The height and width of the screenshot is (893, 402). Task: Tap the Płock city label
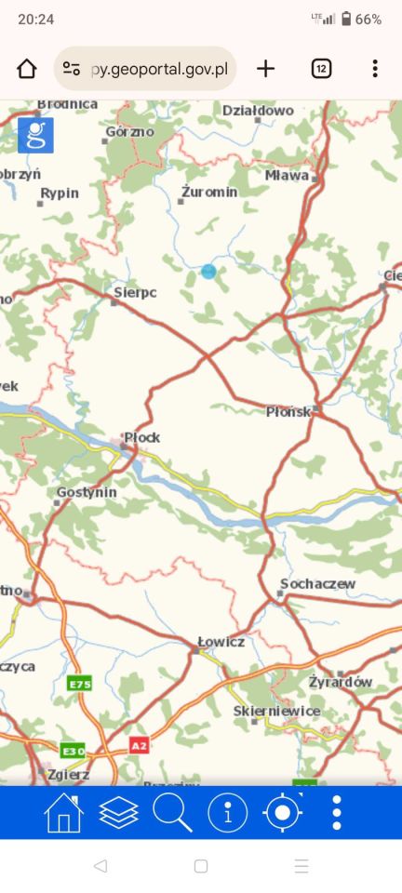tap(142, 436)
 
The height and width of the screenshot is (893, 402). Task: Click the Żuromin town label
tap(209, 191)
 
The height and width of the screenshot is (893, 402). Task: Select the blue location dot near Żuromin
tap(208, 272)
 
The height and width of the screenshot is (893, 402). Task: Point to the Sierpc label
tap(135, 292)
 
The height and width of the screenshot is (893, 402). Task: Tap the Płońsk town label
tap(288, 411)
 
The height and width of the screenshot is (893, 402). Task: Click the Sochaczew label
tap(317, 583)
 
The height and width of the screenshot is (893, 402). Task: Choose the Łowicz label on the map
tap(221, 642)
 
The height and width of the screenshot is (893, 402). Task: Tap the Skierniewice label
tap(276, 711)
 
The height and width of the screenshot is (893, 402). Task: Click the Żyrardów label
tap(341, 682)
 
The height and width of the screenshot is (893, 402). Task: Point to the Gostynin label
tap(87, 491)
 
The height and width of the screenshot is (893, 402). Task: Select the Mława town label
tap(287, 174)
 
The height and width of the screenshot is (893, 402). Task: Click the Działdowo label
tap(258, 111)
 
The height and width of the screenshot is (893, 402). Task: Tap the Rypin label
tap(60, 193)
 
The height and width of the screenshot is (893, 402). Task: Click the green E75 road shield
tap(80, 684)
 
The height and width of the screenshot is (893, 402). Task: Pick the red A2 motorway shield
tap(139, 745)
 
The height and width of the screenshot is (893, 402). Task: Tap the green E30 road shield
tap(73, 750)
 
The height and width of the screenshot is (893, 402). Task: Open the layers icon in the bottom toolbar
tap(118, 813)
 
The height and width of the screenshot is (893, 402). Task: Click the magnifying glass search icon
tap(172, 813)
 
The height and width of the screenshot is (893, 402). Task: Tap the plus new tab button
tap(266, 68)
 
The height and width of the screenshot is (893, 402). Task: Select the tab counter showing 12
tap(321, 68)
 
